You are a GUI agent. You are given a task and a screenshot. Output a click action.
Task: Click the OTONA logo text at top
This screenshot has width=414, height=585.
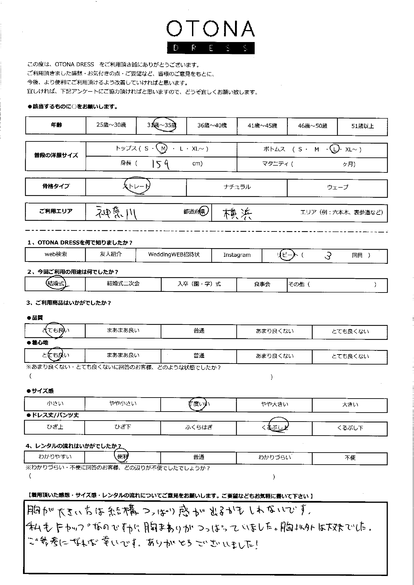210,29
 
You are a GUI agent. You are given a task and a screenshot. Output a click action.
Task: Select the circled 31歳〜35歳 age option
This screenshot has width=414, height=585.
162,125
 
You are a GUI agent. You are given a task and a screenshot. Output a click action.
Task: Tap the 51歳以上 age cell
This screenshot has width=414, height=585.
362,126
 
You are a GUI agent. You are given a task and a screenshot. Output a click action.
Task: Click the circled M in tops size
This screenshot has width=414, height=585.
163,149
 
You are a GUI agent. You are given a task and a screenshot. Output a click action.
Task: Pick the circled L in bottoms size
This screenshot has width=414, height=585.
334,149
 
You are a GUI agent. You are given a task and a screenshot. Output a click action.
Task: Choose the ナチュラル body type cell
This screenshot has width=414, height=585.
237,187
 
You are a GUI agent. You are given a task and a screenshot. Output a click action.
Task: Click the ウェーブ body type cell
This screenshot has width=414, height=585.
337,187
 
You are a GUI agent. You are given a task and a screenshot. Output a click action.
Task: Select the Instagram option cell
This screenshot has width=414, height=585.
237,255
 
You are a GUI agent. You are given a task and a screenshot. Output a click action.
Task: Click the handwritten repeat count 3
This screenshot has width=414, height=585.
328,255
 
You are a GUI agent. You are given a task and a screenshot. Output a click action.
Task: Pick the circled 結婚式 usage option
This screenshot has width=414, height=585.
56,283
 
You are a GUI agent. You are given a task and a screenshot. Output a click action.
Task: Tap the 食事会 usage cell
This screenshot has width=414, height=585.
262,284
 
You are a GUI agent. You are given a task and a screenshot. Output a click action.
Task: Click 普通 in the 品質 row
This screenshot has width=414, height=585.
199,331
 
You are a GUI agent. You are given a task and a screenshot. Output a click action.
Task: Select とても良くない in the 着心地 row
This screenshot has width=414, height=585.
350,356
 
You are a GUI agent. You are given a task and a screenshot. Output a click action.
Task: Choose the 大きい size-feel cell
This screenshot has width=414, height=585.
350,405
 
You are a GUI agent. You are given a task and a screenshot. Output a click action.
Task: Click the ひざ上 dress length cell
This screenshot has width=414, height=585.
55,427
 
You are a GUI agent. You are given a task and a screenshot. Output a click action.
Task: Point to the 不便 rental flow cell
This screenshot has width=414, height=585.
350,458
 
